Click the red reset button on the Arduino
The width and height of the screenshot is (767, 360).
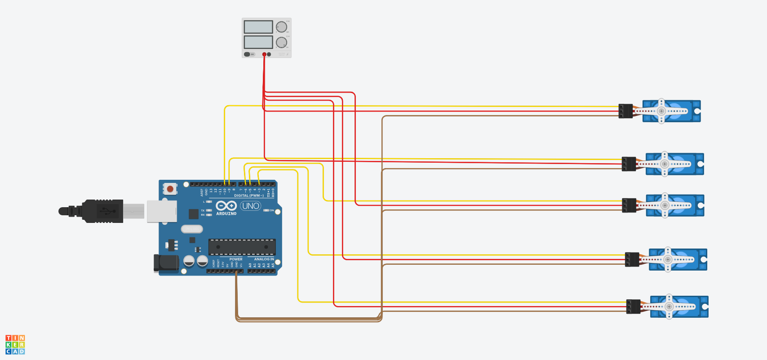(x=170, y=189)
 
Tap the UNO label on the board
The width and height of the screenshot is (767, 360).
(x=250, y=206)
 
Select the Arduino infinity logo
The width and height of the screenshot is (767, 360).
(x=226, y=205)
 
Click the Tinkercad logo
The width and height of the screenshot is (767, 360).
(x=15, y=345)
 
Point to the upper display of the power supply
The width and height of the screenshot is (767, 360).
(x=258, y=27)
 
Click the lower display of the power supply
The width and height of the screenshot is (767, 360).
(x=258, y=42)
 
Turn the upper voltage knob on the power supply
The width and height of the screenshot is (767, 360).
(x=281, y=27)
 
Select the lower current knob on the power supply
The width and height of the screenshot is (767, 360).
(x=281, y=42)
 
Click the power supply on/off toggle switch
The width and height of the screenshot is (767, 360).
(x=247, y=54)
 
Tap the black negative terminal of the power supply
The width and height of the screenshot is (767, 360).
(x=269, y=54)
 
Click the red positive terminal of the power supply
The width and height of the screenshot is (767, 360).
(x=264, y=54)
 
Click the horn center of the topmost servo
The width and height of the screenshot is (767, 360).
(x=661, y=111)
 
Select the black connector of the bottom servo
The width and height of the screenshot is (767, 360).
(x=633, y=307)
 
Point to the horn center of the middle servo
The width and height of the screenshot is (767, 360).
(x=665, y=205)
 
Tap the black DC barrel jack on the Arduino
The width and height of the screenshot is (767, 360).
(x=165, y=263)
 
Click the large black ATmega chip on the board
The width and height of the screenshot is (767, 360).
(x=242, y=247)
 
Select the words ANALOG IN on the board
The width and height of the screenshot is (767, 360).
(x=264, y=259)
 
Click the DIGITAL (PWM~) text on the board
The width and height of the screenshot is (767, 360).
(x=248, y=196)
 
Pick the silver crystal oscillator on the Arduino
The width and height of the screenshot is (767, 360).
(x=192, y=229)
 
